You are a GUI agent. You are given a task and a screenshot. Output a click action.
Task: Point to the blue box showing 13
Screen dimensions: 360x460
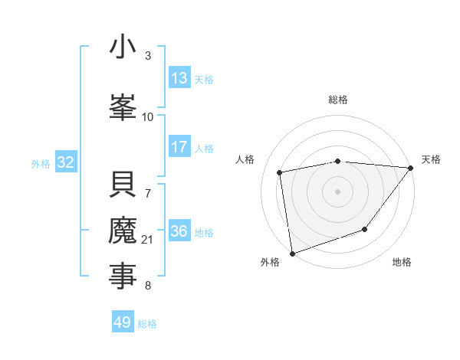point(179,78)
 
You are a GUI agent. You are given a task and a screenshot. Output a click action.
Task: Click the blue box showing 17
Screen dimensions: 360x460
point(179,147)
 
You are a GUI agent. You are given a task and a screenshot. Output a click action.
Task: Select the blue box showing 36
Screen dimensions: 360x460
point(179,231)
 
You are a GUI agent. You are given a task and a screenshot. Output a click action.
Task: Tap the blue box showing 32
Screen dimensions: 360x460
point(65,162)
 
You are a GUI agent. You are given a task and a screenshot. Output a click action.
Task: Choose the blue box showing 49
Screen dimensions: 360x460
point(123,322)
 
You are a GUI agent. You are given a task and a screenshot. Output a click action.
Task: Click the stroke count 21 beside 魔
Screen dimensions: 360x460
point(148,241)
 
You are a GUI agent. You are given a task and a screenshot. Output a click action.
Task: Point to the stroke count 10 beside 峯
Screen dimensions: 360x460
point(148,116)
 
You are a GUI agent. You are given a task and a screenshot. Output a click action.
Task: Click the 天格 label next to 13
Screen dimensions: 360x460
point(203,80)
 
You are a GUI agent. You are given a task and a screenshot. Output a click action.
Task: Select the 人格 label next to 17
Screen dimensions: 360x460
point(203,149)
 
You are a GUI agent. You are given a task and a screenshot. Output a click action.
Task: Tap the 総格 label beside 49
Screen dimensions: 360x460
point(147,324)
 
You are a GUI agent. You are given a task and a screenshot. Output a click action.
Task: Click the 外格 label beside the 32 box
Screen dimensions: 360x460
point(41,164)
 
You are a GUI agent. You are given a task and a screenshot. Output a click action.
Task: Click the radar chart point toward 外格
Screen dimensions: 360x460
point(292,253)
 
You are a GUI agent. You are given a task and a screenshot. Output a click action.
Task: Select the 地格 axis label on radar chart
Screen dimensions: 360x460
point(402,263)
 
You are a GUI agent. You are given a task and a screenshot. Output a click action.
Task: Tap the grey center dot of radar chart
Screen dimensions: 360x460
point(337,191)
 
